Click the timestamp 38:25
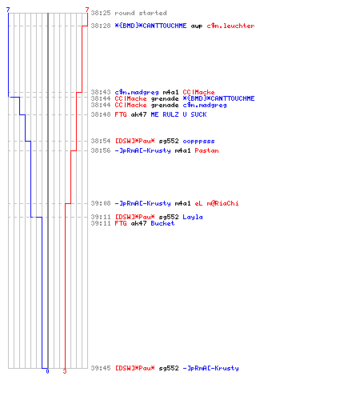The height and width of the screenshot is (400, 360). (101, 13)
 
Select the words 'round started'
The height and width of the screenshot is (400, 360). (141, 13)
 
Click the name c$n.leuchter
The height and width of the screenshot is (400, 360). (230, 26)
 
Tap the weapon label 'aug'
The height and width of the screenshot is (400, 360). (197, 26)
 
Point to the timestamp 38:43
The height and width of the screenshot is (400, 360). (101, 92)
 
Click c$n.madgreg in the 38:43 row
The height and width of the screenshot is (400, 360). (137, 92)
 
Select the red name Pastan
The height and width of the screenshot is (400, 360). (206, 150)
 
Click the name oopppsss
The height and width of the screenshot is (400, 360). (198, 142)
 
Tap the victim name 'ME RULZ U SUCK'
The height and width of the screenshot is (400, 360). (178, 114)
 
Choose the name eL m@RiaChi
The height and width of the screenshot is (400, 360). (217, 203)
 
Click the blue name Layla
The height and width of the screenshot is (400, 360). (193, 217)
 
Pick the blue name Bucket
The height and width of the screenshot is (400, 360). (162, 223)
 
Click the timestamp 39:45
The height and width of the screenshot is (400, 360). (101, 368)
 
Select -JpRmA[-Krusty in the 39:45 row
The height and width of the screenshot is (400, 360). (210, 368)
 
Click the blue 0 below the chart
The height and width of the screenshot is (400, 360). (47, 371)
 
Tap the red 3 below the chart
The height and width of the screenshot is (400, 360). (65, 371)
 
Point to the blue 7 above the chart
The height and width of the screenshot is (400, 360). (8, 10)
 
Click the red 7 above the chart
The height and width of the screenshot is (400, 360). (87, 10)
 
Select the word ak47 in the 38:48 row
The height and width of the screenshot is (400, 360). (138, 114)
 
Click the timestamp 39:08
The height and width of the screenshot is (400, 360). (101, 203)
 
